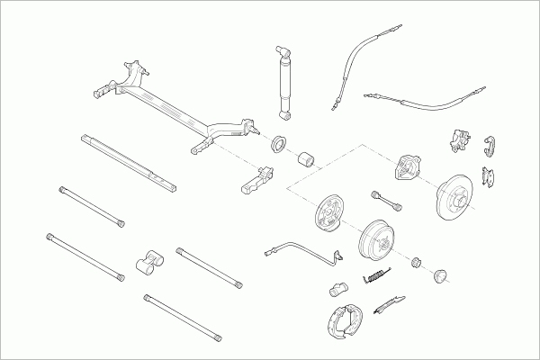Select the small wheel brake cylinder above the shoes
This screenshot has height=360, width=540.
point(337,290)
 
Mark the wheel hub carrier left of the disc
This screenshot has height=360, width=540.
point(410,167)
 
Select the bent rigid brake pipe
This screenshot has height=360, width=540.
point(301,248)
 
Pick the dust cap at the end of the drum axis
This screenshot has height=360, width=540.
point(441,273)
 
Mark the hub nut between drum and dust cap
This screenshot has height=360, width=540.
point(417,262)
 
